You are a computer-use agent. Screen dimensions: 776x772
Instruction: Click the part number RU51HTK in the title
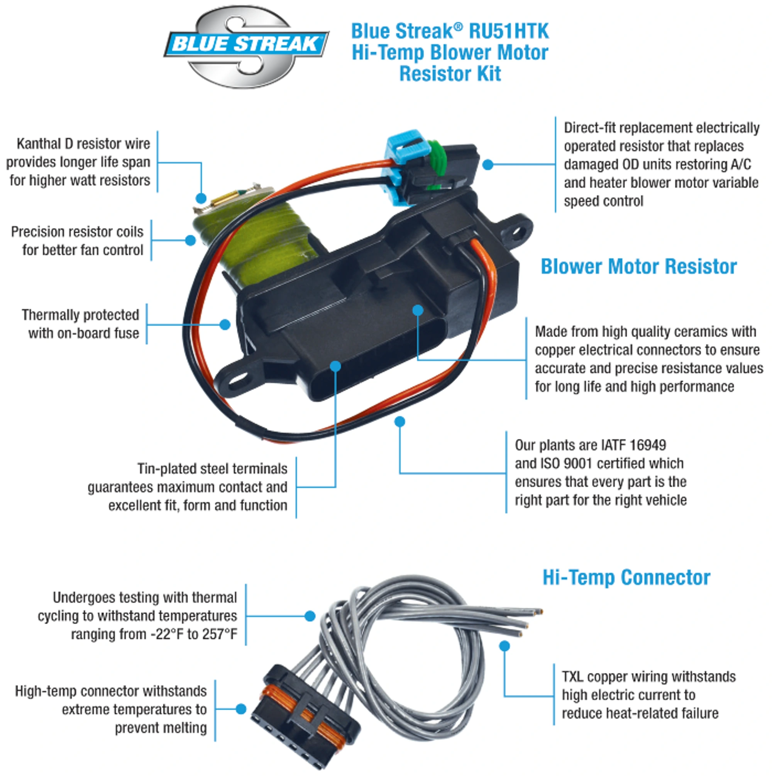point(509,31)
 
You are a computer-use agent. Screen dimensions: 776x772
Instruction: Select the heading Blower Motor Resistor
point(638,266)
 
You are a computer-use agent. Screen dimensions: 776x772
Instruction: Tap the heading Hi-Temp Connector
point(626,577)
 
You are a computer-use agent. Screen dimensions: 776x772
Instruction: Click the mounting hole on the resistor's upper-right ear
point(520,231)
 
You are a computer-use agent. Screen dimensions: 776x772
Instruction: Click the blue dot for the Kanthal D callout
point(201,198)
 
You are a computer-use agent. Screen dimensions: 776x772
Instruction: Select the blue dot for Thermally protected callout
point(225,324)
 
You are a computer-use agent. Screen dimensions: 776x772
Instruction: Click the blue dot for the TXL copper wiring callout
point(505,646)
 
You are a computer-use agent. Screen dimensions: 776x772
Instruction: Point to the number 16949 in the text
point(648,445)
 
